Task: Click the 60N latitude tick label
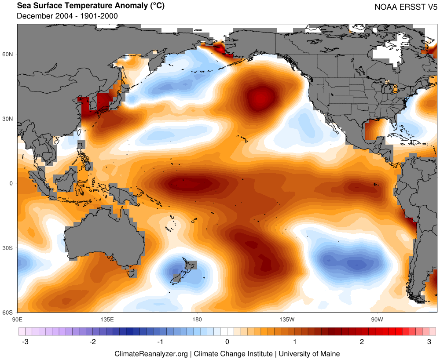coord(8,55)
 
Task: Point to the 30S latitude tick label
coord(8,248)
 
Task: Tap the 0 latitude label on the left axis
coord(11,184)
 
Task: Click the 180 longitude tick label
coord(197,319)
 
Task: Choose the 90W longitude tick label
coord(377,319)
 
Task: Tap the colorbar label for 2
coord(362,342)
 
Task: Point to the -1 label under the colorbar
coord(160,342)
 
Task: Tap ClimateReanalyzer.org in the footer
coord(151,353)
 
